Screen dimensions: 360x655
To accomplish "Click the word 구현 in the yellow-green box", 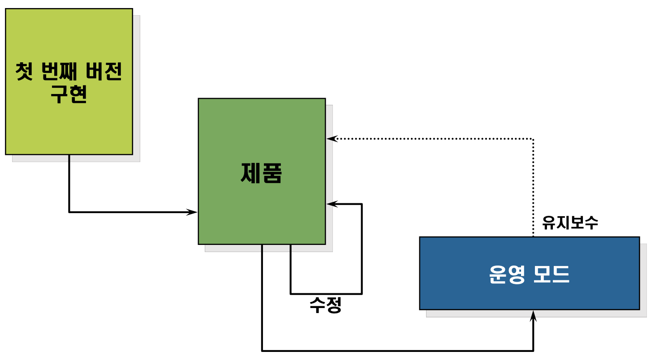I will click(69, 94).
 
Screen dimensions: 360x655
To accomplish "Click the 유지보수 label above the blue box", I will click(570, 223).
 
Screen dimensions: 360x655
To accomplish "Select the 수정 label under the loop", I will click(326, 305).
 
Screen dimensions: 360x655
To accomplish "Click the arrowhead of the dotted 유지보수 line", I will click(331, 139).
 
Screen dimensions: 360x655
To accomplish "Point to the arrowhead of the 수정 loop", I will click(331, 204).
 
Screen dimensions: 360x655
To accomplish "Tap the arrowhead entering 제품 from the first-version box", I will click(193, 212).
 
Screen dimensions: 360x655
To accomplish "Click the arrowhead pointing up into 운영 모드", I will click(533, 315).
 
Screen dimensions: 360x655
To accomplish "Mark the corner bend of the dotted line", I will click(533, 139).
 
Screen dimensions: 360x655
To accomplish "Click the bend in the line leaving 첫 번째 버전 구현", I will click(69, 212).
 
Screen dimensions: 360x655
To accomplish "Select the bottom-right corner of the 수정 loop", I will click(362, 294).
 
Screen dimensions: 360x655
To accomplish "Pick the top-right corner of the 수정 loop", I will click(362, 204).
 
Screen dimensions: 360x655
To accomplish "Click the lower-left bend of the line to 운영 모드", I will click(262, 350).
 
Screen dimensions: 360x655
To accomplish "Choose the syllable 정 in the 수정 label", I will click(334, 305).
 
